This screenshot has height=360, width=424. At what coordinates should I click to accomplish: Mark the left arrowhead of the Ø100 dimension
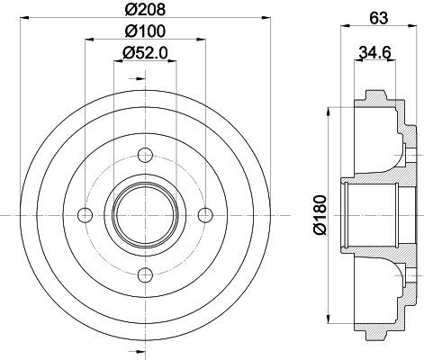88,40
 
